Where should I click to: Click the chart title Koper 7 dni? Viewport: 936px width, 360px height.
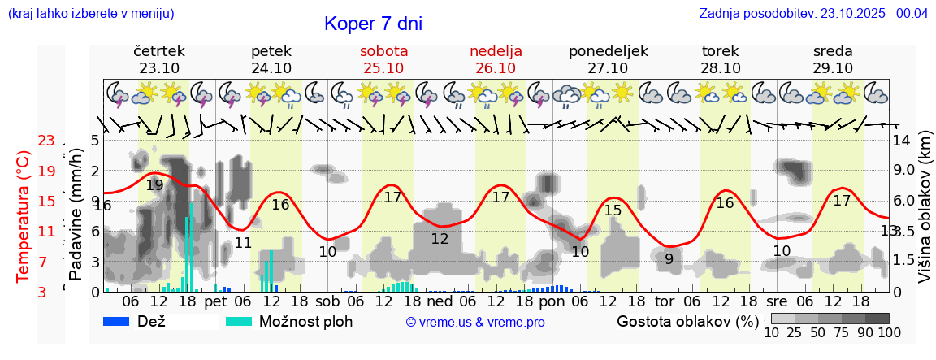pyautogui.click(x=373, y=24)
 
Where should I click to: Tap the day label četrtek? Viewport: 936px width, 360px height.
pyautogui.click(x=158, y=51)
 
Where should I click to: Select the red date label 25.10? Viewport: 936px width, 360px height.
pyautogui.click(x=383, y=68)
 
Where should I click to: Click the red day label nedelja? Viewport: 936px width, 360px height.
pyautogui.click(x=496, y=51)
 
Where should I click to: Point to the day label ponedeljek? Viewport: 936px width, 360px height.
pyautogui.click(x=609, y=51)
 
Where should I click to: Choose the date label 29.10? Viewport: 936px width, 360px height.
pyautogui.click(x=833, y=68)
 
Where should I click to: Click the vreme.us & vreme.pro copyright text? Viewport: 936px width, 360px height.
pyautogui.click(x=475, y=323)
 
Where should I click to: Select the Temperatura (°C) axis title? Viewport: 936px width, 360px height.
pyautogui.click(x=23, y=216)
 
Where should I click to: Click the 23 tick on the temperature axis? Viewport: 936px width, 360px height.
pyautogui.click(x=46, y=141)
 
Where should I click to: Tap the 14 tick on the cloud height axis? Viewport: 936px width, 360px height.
pyautogui.click(x=901, y=141)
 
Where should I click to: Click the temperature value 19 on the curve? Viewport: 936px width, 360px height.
pyautogui.click(x=154, y=185)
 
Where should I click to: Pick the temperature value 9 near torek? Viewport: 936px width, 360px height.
pyautogui.click(x=669, y=259)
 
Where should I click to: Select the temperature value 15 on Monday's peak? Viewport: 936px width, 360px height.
pyautogui.click(x=613, y=210)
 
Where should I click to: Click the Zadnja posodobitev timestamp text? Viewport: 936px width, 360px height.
pyautogui.click(x=813, y=14)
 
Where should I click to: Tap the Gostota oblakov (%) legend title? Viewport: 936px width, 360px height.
pyautogui.click(x=687, y=321)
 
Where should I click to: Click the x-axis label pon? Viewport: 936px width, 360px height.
pyautogui.click(x=552, y=301)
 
